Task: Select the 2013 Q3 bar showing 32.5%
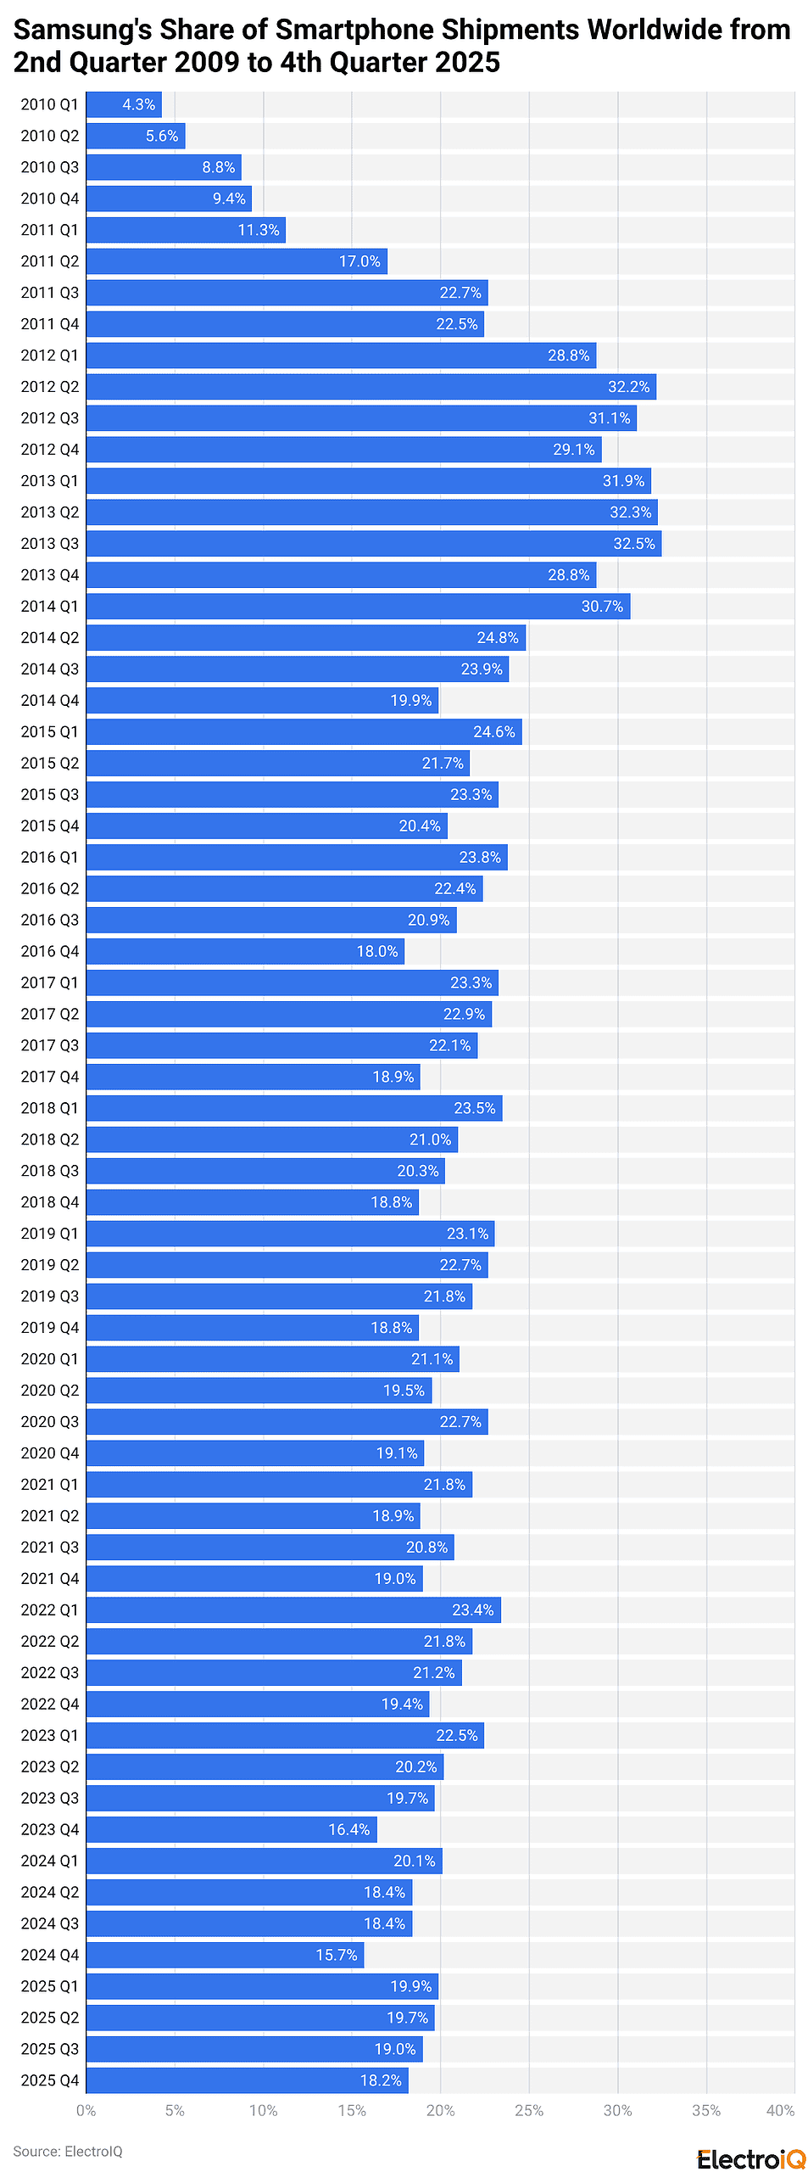point(373,544)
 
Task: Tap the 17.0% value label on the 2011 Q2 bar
point(359,261)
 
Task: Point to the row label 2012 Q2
point(50,387)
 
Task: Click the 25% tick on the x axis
point(529,2110)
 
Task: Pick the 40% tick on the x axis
point(780,2110)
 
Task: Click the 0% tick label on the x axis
point(86,2110)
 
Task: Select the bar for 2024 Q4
point(225,1955)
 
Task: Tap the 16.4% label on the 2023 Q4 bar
point(349,1829)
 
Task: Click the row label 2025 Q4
point(50,2080)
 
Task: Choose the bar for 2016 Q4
point(245,951)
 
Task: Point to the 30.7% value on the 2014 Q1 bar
point(602,607)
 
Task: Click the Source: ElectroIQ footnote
point(68,2151)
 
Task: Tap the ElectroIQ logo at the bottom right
point(750,2159)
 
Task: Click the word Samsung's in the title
point(82,30)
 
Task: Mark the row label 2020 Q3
point(50,1421)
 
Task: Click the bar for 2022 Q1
point(293,1609)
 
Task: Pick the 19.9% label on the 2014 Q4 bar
point(410,701)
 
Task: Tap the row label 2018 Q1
point(50,1108)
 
